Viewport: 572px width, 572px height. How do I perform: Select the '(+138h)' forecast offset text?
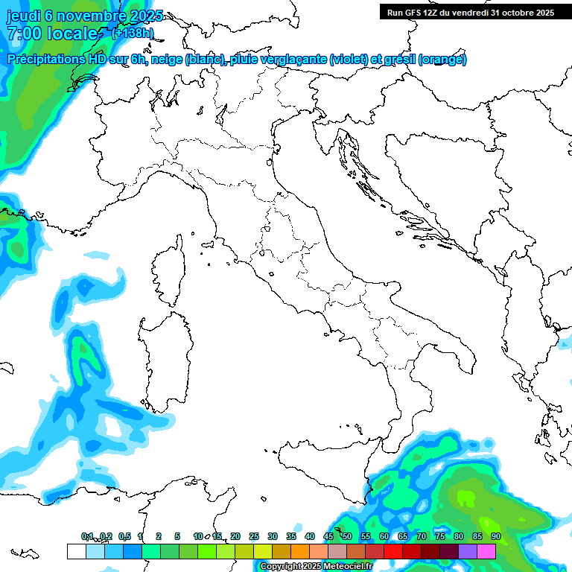(133, 33)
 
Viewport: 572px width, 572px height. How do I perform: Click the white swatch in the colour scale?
(76, 552)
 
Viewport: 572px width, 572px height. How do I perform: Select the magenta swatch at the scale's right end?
(486, 552)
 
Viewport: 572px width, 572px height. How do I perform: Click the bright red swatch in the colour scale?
(393, 552)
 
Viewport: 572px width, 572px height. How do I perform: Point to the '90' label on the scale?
(495, 536)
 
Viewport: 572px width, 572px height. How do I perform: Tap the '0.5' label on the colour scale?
(124, 536)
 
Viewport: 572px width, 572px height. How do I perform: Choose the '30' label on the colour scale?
(273, 536)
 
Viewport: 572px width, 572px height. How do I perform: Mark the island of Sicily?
(320, 469)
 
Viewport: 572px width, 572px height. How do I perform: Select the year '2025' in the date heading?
(142, 16)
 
